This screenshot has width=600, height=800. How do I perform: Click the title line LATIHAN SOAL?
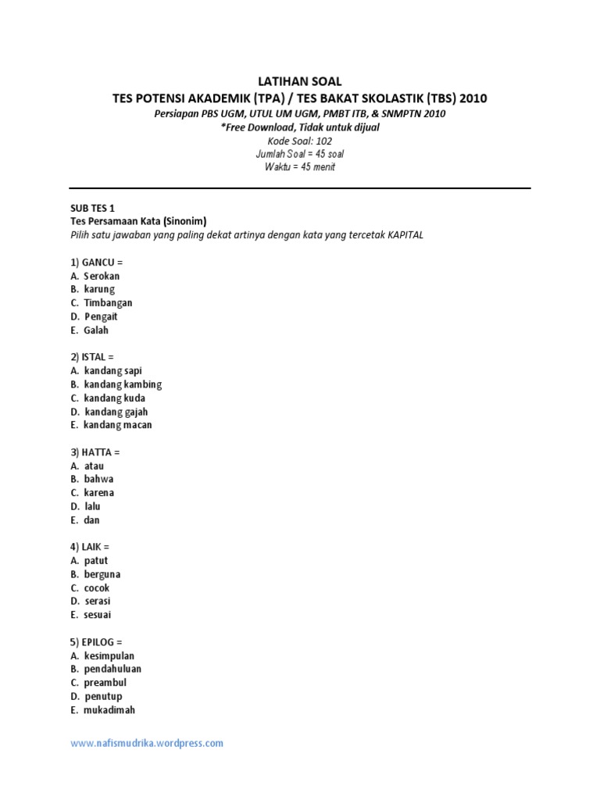click(x=300, y=81)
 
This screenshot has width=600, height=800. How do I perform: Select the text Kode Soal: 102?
click(x=300, y=141)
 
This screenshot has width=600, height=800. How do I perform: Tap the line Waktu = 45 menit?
click(x=300, y=168)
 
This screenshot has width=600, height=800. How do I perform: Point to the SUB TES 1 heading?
click(x=91, y=208)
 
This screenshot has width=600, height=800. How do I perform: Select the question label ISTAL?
click(x=97, y=357)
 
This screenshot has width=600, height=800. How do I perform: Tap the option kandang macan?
click(x=118, y=425)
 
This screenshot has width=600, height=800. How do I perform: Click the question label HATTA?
click(x=99, y=452)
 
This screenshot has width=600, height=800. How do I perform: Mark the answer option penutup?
click(x=103, y=696)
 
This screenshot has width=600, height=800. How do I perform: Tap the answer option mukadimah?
click(x=109, y=710)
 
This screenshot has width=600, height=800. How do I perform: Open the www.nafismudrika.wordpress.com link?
click(x=147, y=744)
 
